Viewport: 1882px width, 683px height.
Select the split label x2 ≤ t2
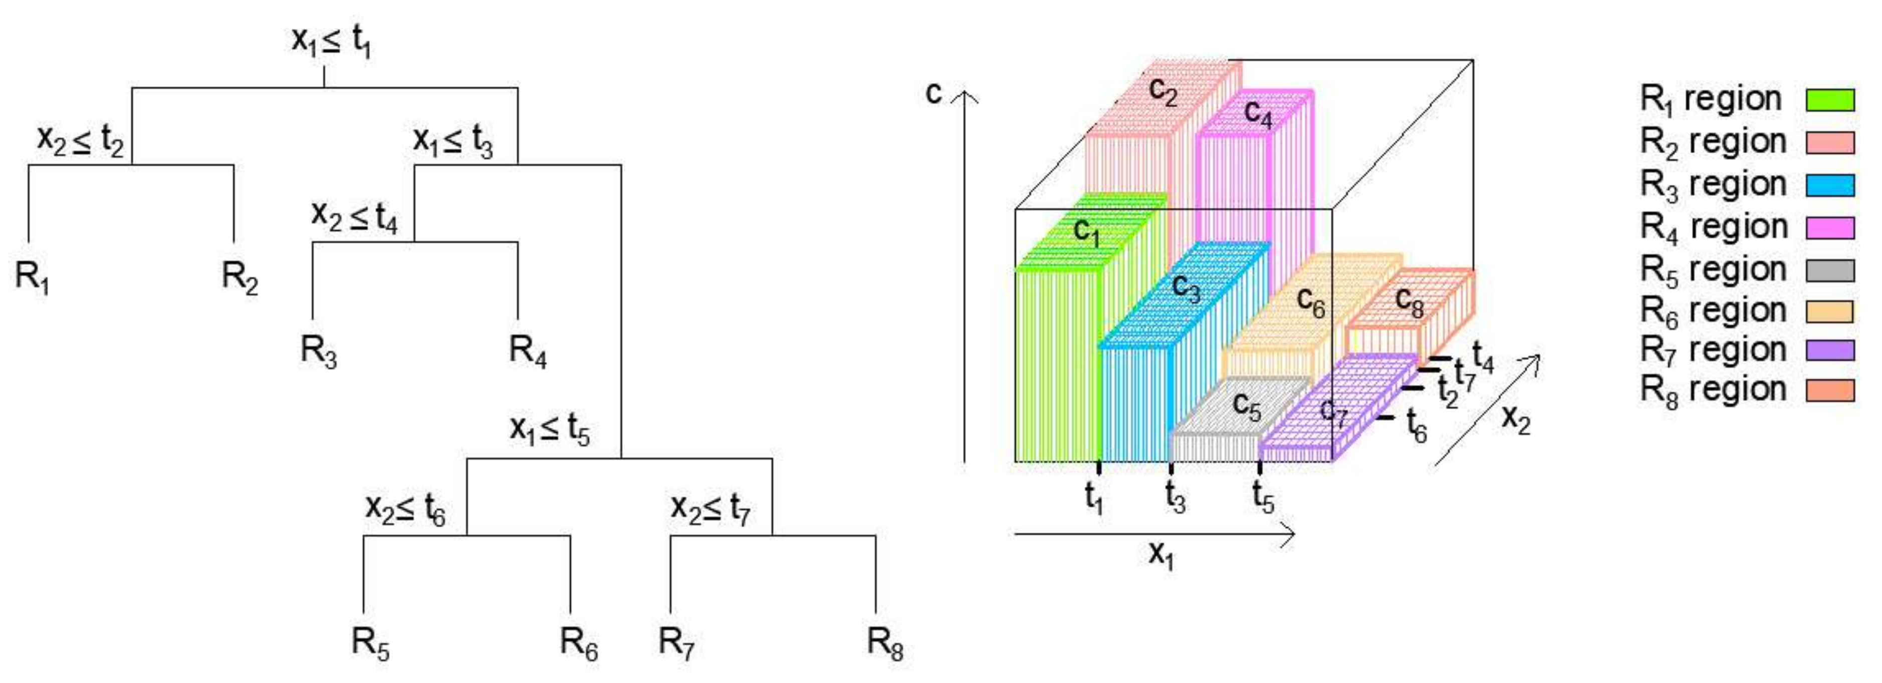click(x=80, y=140)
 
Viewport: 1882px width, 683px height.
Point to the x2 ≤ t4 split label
click(x=354, y=217)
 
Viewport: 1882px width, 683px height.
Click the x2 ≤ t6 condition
click(x=405, y=508)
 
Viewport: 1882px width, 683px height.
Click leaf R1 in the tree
click(x=32, y=277)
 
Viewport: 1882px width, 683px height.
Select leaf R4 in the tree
click(x=528, y=352)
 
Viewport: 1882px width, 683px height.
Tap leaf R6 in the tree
click(x=579, y=643)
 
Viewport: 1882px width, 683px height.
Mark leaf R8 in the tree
click(x=885, y=643)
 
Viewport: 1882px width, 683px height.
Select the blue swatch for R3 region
click(x=1830, y=185)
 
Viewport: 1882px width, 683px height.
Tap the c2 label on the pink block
click(x=1163, y=91)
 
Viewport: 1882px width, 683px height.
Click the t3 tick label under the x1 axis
click(x=1175, y=498)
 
